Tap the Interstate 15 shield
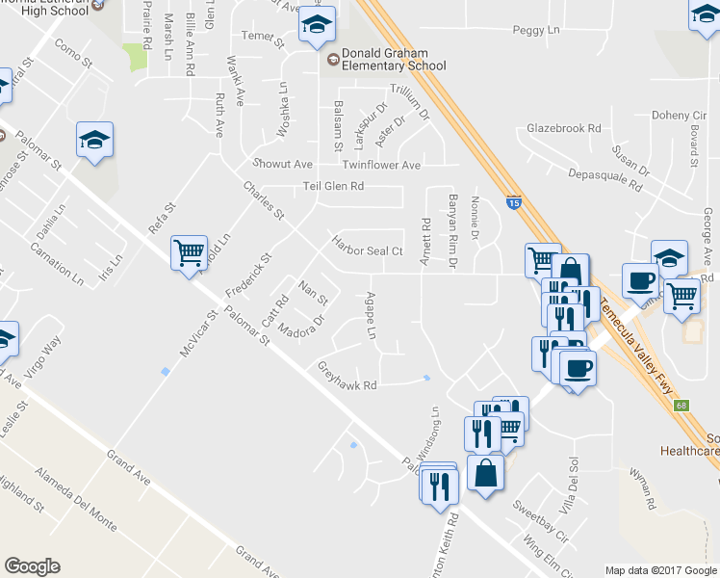514,202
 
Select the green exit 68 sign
682,406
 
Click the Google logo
32,566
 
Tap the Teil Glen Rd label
333,187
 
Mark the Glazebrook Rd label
564,128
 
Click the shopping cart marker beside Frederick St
189,253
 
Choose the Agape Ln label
373,315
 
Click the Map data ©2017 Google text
660,570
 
